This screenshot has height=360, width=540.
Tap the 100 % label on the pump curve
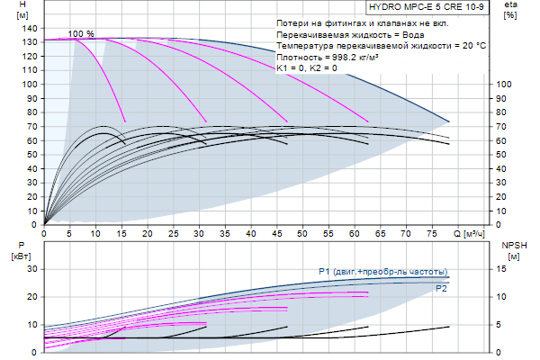tap(81, 33)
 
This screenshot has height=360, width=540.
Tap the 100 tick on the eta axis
tap(504, 85)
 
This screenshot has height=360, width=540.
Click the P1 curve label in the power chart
tap(382, 271)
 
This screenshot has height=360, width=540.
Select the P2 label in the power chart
tap(441, 289)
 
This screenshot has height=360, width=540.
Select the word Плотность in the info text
tap(298, 57)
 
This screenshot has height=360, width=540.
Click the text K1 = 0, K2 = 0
tap(307, 68)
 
